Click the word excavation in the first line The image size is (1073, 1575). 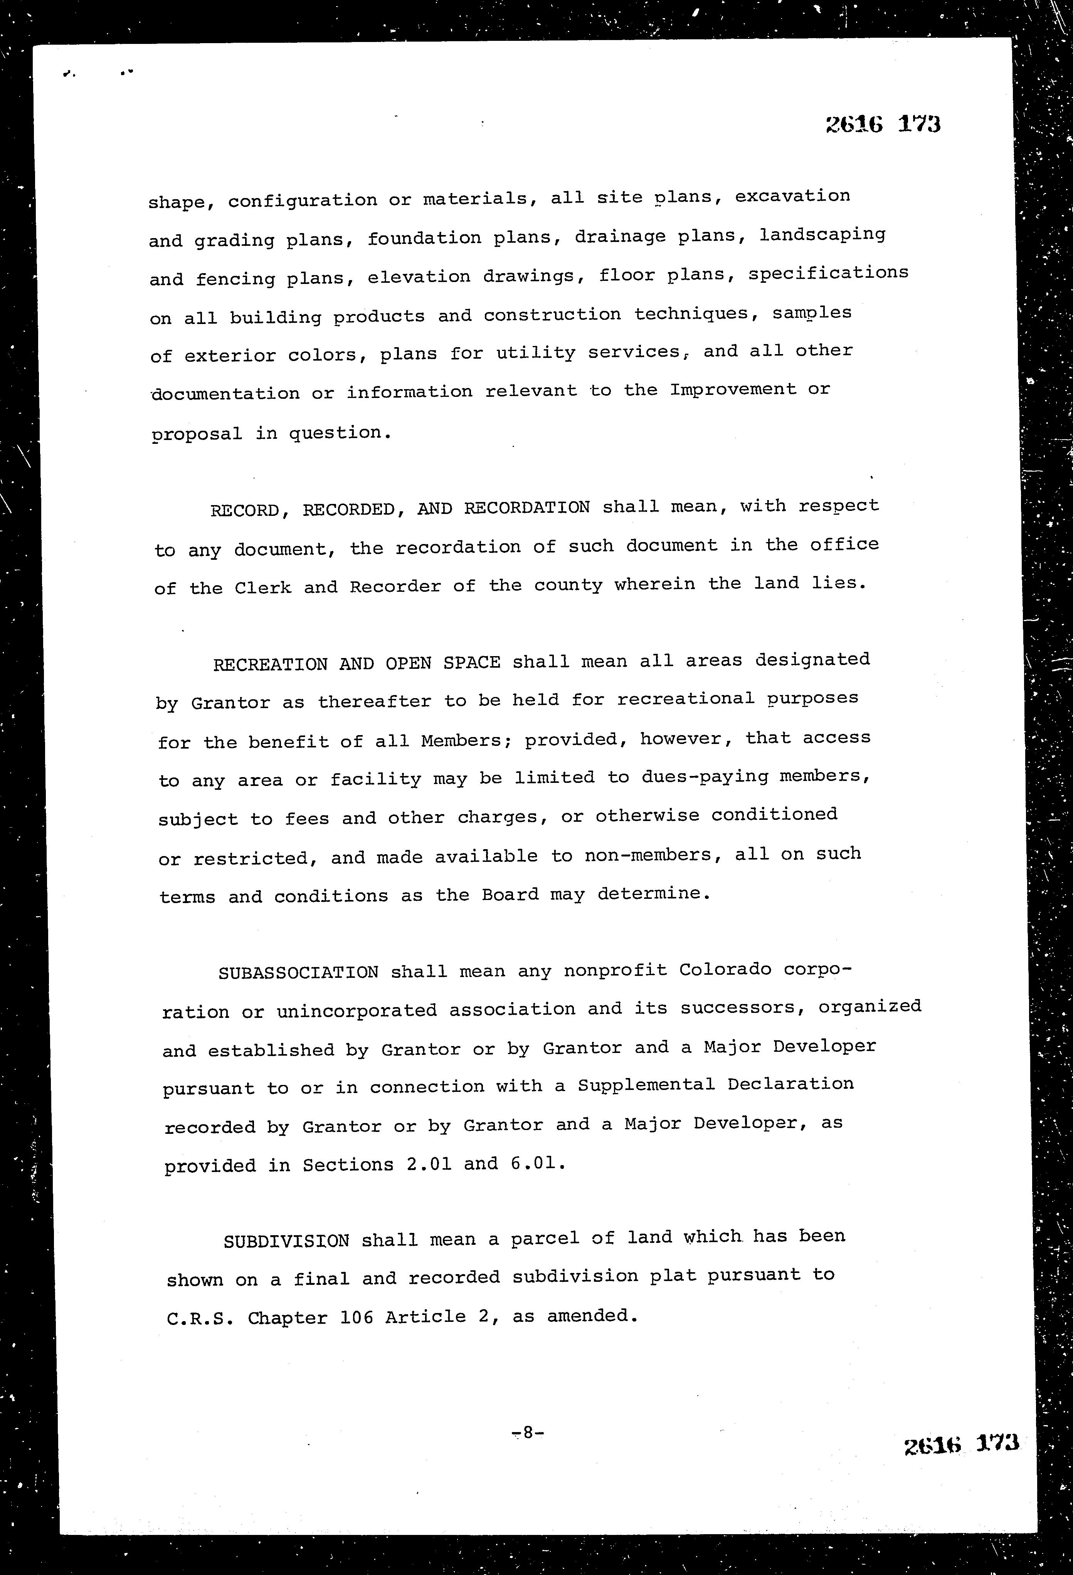[792, 196]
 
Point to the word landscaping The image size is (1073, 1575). [822, 235]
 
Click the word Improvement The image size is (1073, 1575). [733, 390]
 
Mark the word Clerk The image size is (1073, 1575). [263, 587]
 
